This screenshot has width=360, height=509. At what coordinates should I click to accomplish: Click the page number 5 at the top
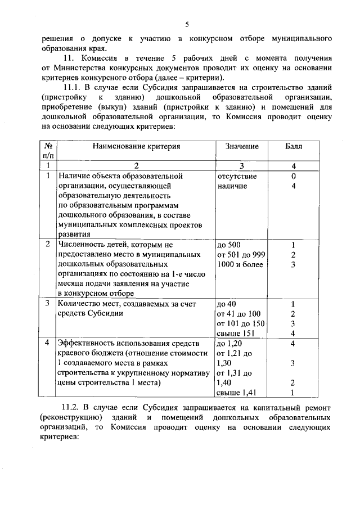[x=187, y=24]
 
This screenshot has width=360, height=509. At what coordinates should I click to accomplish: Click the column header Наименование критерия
[x=137, y=146]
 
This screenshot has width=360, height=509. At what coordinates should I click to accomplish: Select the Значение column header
[x=242, y=146]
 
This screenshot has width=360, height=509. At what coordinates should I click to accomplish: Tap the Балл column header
[x=293, y=146]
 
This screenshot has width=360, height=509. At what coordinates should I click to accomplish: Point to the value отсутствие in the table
[x=237, y=175]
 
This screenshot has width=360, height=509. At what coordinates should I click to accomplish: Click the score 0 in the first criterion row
[x=293, y=175]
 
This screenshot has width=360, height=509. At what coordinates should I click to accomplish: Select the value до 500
[x=228, y=245]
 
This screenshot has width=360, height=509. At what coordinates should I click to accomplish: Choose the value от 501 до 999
[x=241, y=255]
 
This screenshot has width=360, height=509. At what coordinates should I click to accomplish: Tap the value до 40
[x=226, y=304]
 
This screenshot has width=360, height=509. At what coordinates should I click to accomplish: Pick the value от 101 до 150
[x=241, y=323]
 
